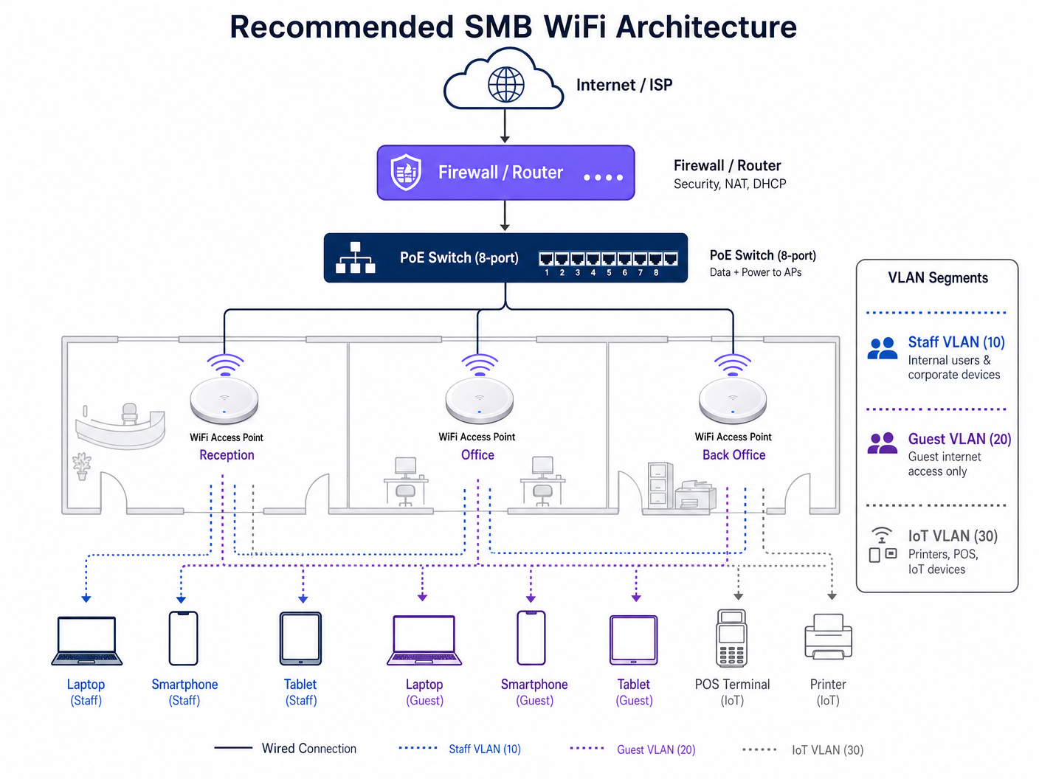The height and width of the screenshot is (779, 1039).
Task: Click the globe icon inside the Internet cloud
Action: click(505, 84)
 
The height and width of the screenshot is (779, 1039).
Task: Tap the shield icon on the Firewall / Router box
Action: click(406, 173)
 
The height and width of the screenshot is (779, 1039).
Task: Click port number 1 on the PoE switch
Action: click(546, 259)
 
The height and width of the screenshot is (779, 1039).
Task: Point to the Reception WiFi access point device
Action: click(224, 399)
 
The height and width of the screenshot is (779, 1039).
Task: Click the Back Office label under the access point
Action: click(733, 455)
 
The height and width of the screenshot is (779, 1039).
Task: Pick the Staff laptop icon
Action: click(86, 640)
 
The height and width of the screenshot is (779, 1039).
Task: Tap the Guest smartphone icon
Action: click(531, 638)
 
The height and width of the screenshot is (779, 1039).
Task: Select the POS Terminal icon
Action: click(731, 638)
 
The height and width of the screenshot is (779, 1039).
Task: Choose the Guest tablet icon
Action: click(633, 640)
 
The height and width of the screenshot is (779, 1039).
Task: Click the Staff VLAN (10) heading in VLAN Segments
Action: click(956, 342)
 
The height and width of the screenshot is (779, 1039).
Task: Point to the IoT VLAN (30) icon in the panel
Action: click(882, 545)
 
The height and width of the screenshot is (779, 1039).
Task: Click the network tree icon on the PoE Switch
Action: click(356, 258)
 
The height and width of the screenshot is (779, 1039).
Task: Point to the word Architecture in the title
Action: click(706, 27)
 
